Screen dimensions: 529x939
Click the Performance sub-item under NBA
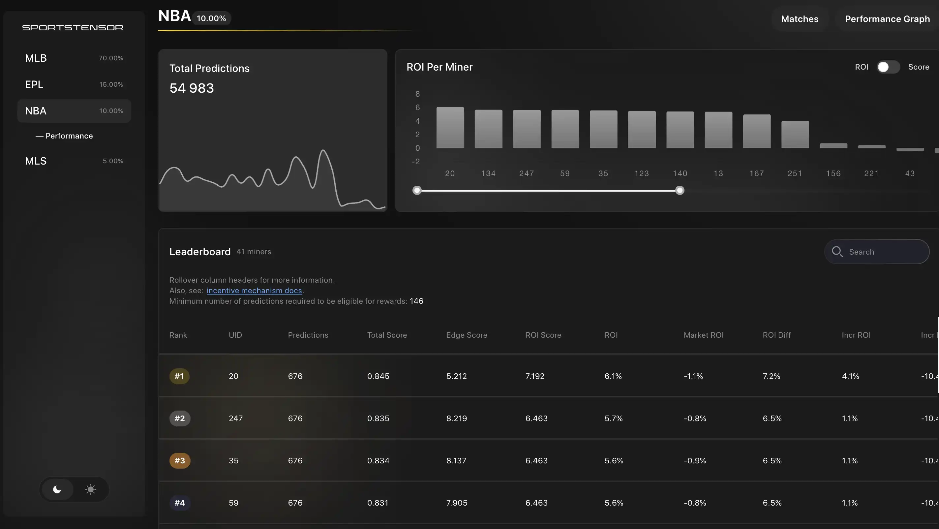[x=69, y=136]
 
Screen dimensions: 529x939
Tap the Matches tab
[x=800, y=19]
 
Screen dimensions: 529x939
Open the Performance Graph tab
[x=887, y=19]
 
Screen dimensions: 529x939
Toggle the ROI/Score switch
[x=888, y=67]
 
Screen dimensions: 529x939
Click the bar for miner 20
[x=450, y=128]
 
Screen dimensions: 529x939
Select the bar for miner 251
[x=795, y=135]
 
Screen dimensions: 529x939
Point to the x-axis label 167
[x=756, y=173]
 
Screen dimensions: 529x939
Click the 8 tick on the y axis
[x=417, y=94]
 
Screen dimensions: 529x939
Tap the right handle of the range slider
[x=680, y=190]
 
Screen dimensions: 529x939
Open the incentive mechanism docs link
[x=254, y=291]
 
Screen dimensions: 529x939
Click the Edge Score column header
[x=467, y=335]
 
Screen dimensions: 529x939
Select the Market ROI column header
[x=703, y=335]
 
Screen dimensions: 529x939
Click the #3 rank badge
[x=180, y=460]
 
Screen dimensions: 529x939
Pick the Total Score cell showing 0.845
[x=378, y=376]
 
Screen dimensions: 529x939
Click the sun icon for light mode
[x=90, y=489]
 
